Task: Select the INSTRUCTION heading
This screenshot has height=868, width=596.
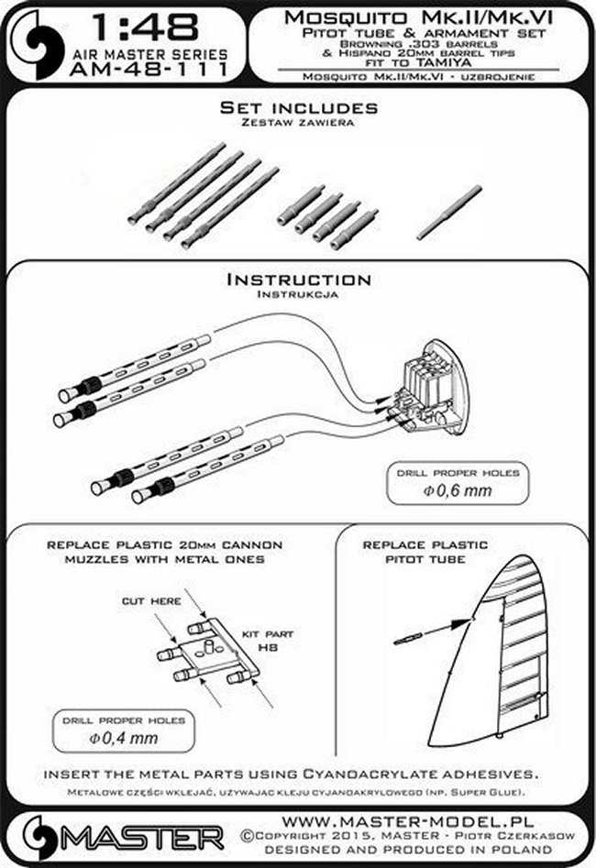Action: pyautogui.click(x=298, y=280)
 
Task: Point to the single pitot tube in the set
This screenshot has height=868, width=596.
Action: pyautogui.click(x=448, y=213)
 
